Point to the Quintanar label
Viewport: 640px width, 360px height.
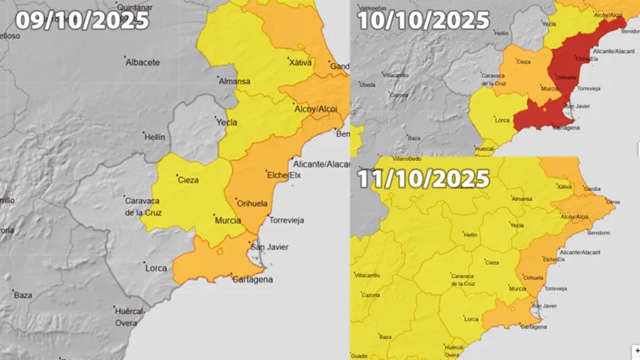coord(137,7)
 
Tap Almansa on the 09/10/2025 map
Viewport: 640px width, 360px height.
coord(233,82)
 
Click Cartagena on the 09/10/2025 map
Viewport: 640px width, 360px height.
coord(252,279)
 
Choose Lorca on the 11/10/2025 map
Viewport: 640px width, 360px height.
coord(471,319)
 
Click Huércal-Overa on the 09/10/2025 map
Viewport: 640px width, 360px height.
coord(126,316)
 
